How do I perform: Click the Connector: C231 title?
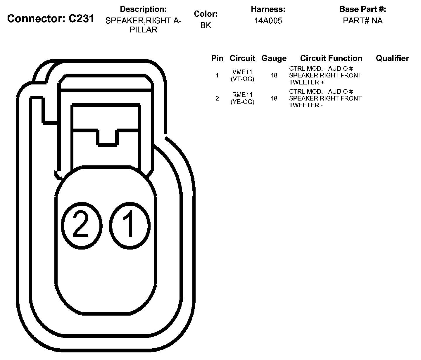pyautogui.click(x=51, y=19)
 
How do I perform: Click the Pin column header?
pyautogui.click(x=217, y=58)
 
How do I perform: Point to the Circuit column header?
pyautogui.click(x=242, y=58)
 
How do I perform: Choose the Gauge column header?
pyautogui.click(x=274, y=58)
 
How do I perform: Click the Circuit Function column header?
pyautogui.click(x=331, y=58)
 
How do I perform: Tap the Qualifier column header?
pyautogui.click(x=392, y=58)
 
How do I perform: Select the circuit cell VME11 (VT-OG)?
pyautogui.click(x=242, y=75)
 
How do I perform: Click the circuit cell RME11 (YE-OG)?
pyautogui.click(x=242, y=98)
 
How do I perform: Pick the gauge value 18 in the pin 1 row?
pyautogui.click(x=274, y=75)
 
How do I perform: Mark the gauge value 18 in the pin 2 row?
pyautogui.click(x=274, y=98)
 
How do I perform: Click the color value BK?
pyautogui.click(x=206, y=25)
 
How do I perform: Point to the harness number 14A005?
pyautogui.click(x=268, y=21)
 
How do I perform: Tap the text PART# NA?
pyautogui.click(x=363, y=21)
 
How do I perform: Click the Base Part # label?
pyautogui.click(x=363, y=9)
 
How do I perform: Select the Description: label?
pyautogui.click(x=143, y=9)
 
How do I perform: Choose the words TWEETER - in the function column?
pyautogui.click(x=306, y=105)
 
